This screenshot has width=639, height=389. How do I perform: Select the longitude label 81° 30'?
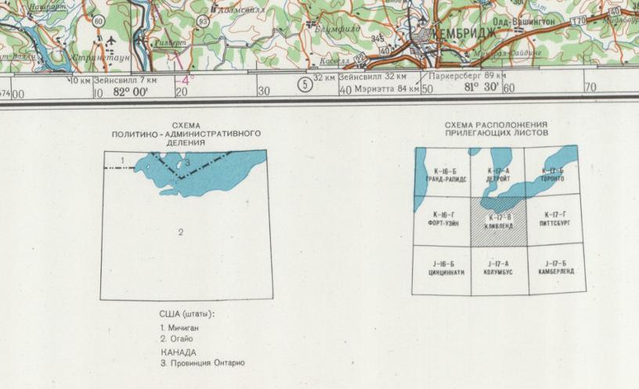482,88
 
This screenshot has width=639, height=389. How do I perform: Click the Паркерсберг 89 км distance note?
468,77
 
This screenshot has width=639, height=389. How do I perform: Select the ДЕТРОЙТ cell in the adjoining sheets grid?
499,175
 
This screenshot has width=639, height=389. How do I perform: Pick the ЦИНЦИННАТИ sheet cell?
442,268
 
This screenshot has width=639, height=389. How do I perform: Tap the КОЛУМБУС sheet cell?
499,268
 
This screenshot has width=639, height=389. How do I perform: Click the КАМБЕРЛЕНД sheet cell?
556,268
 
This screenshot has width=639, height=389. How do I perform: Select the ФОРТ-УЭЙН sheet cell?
442,218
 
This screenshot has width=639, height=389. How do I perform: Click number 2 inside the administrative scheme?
181,232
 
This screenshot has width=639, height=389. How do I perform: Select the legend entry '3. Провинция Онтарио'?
202,363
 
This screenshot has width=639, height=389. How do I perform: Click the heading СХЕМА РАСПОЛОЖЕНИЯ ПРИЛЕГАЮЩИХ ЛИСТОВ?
496,129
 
